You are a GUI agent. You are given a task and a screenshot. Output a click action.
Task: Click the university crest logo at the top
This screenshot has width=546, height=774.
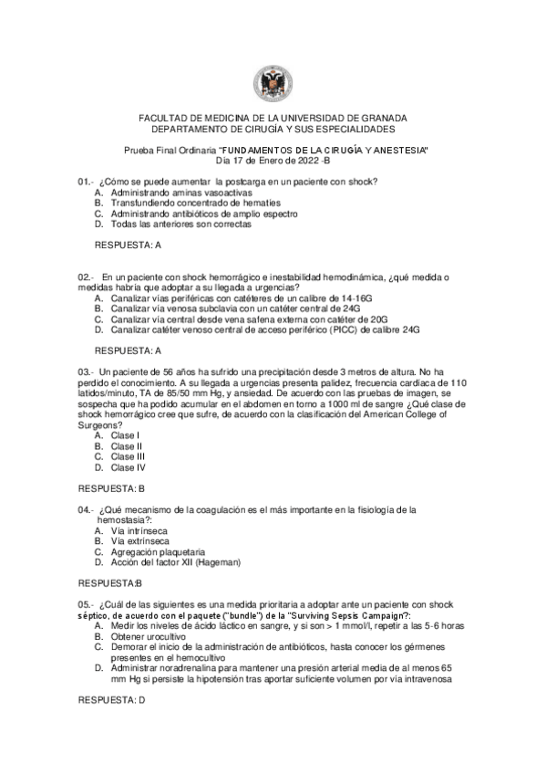click(x=273, y=84)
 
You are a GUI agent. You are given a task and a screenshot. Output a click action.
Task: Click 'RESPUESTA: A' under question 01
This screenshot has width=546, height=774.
click(x=128, y=246)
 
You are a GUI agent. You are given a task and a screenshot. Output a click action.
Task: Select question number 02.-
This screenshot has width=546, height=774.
click(x=87, y=277)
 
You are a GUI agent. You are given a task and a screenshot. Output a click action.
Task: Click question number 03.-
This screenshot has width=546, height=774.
click(x=87, y=372)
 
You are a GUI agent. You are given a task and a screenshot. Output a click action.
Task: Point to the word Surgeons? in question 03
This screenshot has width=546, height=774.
click(x=100, y=425)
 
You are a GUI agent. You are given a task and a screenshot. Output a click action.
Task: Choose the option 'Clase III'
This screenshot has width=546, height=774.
click(x=128, y=456)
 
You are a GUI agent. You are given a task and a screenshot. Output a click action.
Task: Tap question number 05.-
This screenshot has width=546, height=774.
click(x=87, y=604)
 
